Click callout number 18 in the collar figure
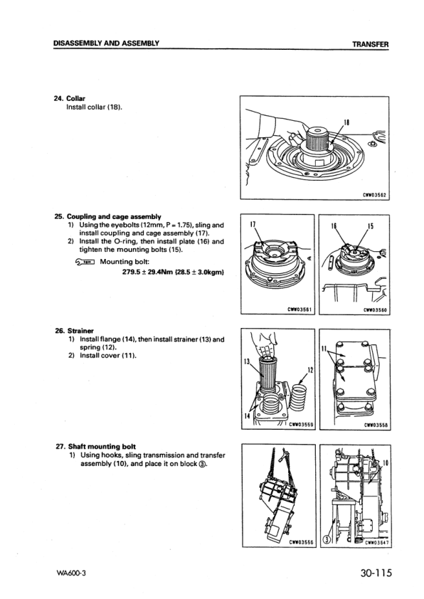click(345, 122)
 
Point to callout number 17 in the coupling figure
click(253, 226)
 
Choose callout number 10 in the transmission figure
click(383, 463)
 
